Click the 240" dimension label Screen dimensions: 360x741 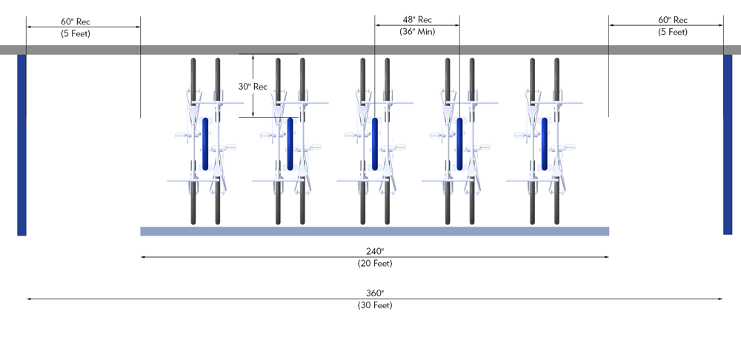pos(374,250)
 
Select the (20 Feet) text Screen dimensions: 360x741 pos(374,263)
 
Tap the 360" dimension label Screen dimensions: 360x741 pos(374,293)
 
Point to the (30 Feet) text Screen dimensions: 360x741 pos(374,305)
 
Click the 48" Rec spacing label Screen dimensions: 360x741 pos(416,19)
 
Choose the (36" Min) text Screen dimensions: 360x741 pos(416,32)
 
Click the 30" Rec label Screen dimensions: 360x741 pos(253,87)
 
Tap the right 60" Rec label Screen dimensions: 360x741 pos(673,20)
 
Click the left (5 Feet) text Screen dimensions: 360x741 pos(75,33)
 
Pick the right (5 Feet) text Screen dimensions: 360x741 pos(673,32)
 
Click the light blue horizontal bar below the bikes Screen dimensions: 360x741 pos(374,231)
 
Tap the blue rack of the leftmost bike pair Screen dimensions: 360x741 pos(205,143)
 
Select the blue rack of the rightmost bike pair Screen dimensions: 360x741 pos(545,143)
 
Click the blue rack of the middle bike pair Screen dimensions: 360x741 pos(375,143)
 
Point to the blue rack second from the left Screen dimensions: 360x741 pos(290,143)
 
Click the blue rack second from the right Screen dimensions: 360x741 pos(460,143)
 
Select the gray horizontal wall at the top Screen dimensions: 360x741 pos(370,50)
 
